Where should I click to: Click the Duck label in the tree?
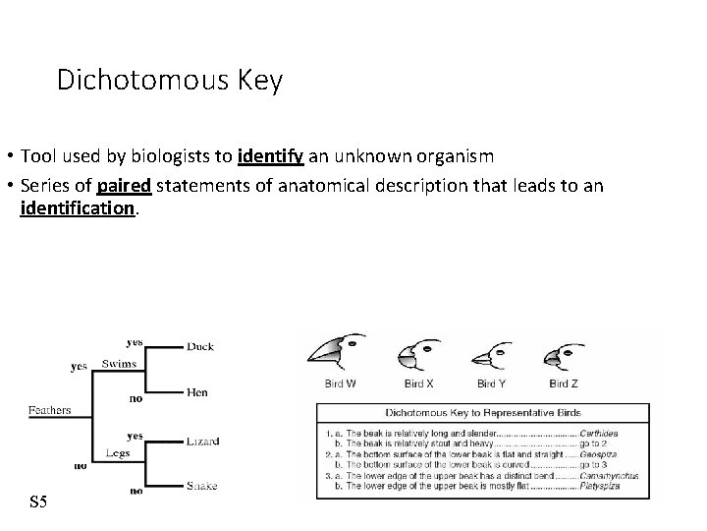[x=199, y=346]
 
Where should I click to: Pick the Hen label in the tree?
[x=196, y=392]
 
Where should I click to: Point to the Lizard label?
[x=202, y=441]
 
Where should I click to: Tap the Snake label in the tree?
[x=201, y=486]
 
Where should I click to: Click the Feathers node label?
[x=49, y=410]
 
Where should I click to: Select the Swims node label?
[x=120, y=365]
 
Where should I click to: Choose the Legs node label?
[x=118, y=453]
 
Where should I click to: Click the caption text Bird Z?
[x=563, y=383]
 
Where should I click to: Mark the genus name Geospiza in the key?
[x=617, y=456]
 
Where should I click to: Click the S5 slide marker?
[x=38, y=502]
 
